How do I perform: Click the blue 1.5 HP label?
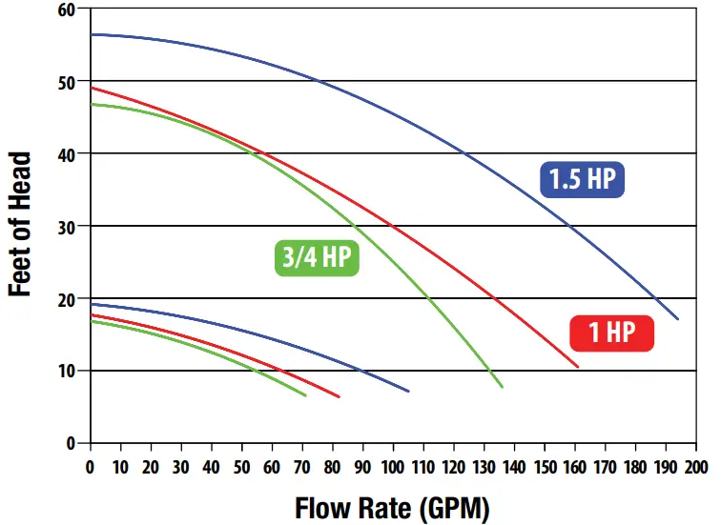tap(582, 179)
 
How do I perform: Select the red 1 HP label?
tap(612, 333)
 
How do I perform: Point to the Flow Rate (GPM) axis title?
tap(392, 507)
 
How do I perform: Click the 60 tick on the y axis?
tap(66, 10)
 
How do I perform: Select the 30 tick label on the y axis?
tap(66, 226)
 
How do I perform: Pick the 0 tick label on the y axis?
tap(71, 443)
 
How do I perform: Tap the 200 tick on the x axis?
tap(696, 467)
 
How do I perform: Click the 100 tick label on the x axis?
tap(393, 467)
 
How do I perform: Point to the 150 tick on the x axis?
tap(545, 467)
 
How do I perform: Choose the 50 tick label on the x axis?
tap(241, 467)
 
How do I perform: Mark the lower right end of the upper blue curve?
tap(678, 319)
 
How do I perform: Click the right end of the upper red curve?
tap(578, 367)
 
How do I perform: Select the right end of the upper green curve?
tap(503, 387)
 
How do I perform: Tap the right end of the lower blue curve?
tap(408, 392)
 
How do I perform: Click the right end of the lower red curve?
tap(339, 397)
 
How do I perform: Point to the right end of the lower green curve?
tap(305, 395)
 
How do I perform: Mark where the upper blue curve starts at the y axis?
tap(91, 34)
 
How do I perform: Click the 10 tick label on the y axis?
tap(66, 371)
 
